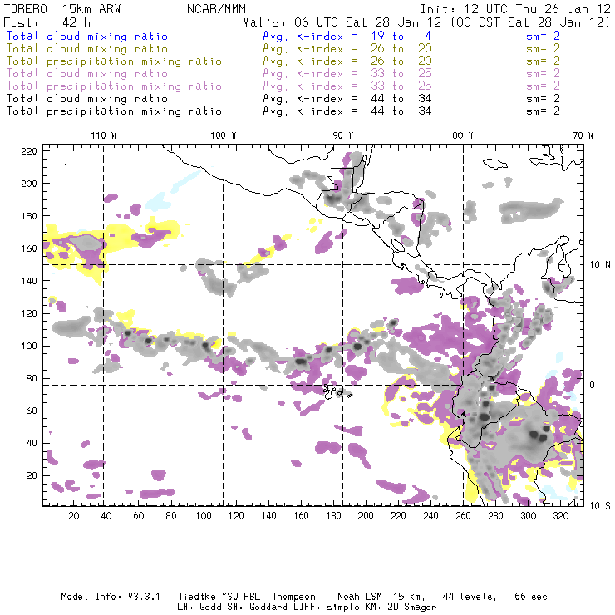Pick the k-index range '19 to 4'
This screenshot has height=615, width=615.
tap(388, 37)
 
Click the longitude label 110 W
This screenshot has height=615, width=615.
tap(103, 135)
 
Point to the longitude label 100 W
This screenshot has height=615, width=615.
tap(223, 135)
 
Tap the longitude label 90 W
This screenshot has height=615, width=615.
tap(342, 135)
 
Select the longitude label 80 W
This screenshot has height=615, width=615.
tap(462, 135)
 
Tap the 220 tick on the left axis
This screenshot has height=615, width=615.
tap(30, 150)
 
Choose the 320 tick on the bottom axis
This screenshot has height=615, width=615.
tap(561, 516)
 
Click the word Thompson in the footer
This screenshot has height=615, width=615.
tap(291, 597)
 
